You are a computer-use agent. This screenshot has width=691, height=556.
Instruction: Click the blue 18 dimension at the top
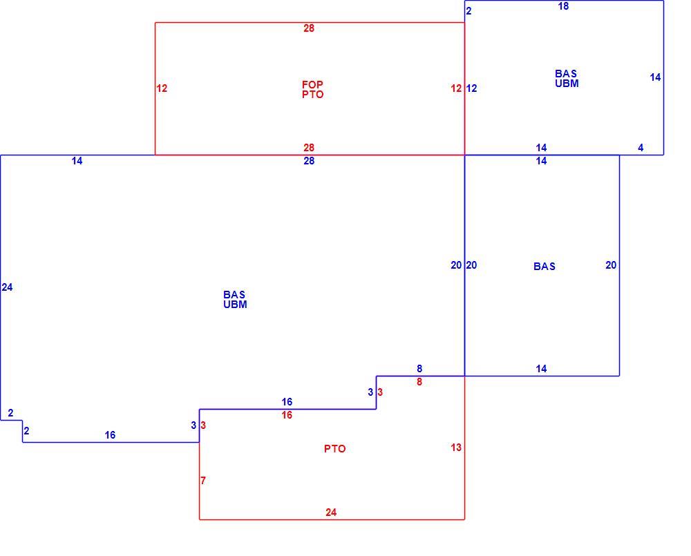563,6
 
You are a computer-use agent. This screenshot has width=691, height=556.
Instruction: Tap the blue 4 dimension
641,148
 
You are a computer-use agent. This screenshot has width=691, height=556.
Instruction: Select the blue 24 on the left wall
7,287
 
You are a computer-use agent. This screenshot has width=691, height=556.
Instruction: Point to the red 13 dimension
456,448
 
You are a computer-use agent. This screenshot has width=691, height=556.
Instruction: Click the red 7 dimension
203,480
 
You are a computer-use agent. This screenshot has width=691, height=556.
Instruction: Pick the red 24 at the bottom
331,512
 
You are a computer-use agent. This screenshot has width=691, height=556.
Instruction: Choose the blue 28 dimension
309,161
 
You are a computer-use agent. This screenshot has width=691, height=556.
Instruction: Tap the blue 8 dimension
419,368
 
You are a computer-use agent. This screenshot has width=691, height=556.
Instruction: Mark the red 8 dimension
419,382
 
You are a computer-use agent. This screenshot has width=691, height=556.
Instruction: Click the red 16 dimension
287,415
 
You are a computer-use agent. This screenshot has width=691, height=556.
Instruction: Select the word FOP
312,84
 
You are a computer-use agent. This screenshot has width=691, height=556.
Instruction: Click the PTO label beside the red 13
335,448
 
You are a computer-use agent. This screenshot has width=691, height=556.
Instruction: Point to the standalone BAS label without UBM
545,266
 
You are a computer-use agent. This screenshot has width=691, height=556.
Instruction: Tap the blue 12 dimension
471,88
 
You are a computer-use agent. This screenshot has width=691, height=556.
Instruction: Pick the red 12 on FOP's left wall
162,88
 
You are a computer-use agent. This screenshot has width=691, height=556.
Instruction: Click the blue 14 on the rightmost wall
655,77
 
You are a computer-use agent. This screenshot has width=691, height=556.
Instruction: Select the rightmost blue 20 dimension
611,265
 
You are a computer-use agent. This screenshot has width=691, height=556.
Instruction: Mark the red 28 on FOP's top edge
309,28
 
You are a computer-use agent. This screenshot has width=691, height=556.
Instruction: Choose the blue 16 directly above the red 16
287,402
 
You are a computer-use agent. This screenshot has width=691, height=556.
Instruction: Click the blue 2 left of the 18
469,11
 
